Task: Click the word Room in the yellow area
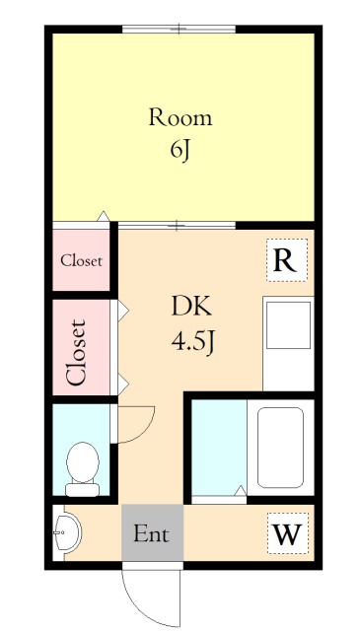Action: [180, 118]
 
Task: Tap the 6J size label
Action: [180, 151]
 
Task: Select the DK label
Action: [191, 308]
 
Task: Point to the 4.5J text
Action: [192, 344]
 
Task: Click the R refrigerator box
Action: [287, 260]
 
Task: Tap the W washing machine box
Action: [288, 533]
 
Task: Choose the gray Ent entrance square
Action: [152, 532]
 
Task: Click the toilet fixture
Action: [83, 469]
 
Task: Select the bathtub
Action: [280, 448]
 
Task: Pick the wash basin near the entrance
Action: [68, 532]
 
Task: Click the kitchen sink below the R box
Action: [288, 325]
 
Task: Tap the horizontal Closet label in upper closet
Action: [81, 261]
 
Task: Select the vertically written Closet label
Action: [76, 353]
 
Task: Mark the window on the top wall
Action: [179, 29]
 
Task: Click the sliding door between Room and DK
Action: [178, 226]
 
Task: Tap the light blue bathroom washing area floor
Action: [219, 447]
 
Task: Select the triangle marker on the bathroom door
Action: [241, 491]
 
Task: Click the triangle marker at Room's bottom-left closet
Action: [104, 216]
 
